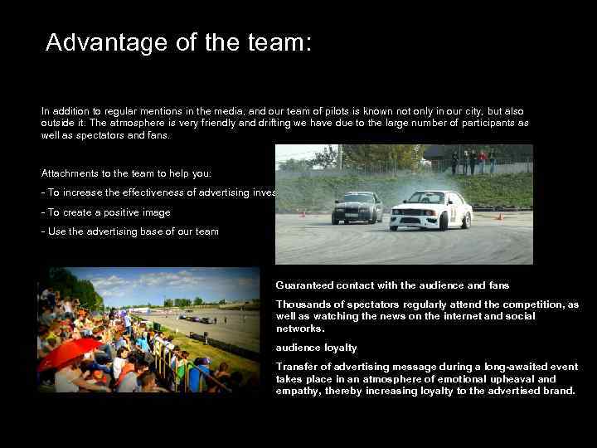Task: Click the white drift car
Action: coord(430,210)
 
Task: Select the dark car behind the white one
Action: coord(357,207)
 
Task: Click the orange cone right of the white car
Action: coord(499,217)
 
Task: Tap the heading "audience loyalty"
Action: coord(316,348)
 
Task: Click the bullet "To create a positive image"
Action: coord(105,212)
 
